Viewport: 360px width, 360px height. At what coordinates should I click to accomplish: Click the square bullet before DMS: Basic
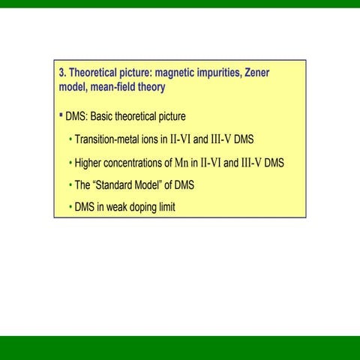tap(61, 116)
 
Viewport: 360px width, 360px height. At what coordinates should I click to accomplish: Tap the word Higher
tap(88, 163)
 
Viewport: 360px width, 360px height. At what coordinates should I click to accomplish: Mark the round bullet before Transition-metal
tap(70, 140)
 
